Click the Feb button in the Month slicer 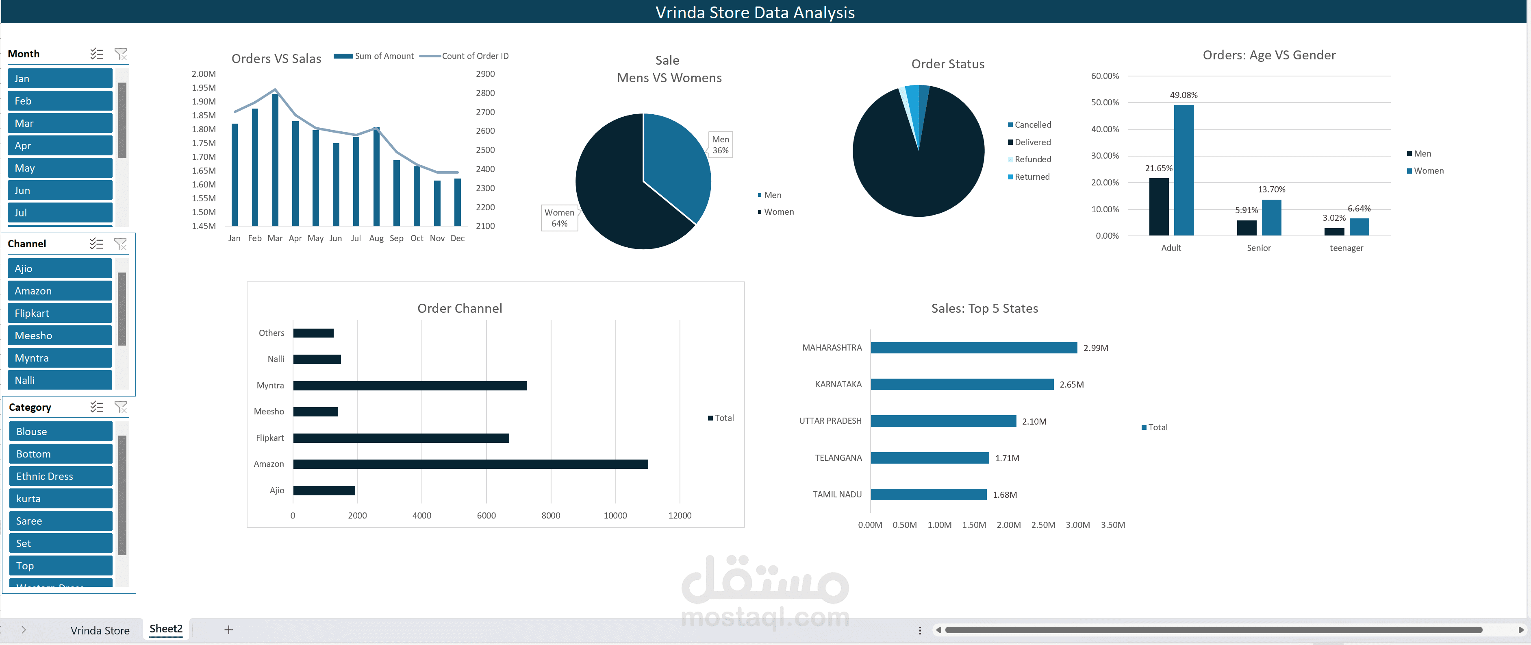pyautogui.click(x=59, y=101)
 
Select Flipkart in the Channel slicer pyautogui.click(x=59, y=313)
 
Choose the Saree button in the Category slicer pyautogui.click(x=61, y=521)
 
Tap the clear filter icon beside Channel pyautogui.click(x=121, y=244)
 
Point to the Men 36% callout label pyautogui.click(x=720, y=144)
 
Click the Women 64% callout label pyautogui.click(x=559, y=218)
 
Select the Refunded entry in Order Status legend pyautogui.click(x=1032, y=159)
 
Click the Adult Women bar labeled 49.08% pyautogui.click(x=1184, y=170)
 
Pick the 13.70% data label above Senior pyautogui.click(x=1271, y=190)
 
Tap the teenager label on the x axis pyautogui.click(x=1346, y=248)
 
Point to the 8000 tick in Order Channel pyautogui.click(x=550, y=515)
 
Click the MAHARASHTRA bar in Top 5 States pyautogui.click(x=973, y=348)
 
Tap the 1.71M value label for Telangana pyautogui.click(x=1007, y=458)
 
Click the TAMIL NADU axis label pyautogui.click(x=837, y=495)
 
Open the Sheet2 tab pyautogui.click(x=166, y=629)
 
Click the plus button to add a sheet pyautogui.click(x=228, y=630)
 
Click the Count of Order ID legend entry pyautogui.click(x=474, y=56)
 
